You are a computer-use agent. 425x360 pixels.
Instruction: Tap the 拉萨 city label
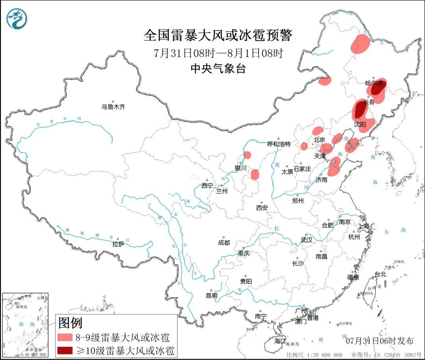pos(118,244)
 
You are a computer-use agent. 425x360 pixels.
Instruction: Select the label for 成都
pos(224,243)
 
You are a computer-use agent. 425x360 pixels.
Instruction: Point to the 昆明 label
pos(211,295)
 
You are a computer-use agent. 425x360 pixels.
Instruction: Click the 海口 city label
pos(280,340)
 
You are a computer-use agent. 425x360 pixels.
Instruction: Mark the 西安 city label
pos(262,207)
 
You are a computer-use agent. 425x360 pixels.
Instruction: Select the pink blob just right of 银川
pos(255,174)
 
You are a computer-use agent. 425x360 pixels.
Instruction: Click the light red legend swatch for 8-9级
pos(65,338)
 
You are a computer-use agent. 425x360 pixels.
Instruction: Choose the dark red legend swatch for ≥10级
pos(65,350)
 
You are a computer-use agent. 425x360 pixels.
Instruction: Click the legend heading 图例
pos(70,323)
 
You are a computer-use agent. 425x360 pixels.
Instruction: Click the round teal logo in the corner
pos(17,18)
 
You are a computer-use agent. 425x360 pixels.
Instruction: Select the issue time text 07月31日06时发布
pos(379,340)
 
